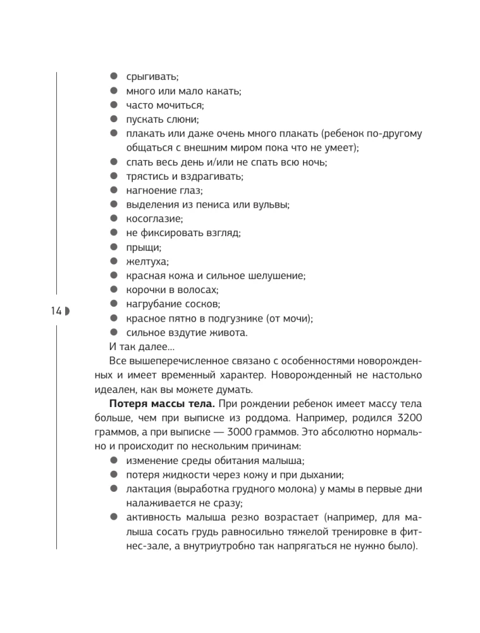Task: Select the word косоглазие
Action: (154, 218)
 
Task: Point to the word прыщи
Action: (144, 247)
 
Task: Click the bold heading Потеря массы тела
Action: (161, 403)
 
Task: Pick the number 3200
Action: (400, 417)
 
